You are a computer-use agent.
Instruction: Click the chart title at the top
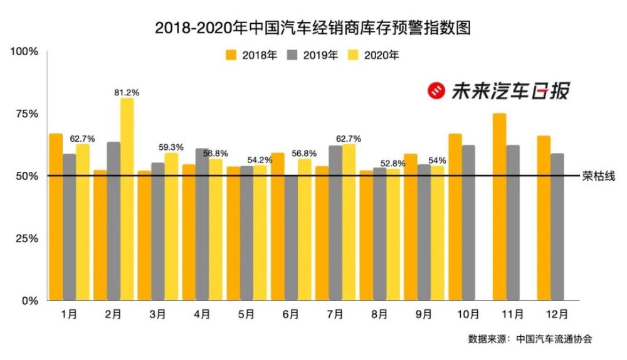point(313,28)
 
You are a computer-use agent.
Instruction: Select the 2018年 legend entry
point(251,55)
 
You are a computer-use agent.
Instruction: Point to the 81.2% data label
point(127,92)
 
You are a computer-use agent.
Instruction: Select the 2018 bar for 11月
point(499,206)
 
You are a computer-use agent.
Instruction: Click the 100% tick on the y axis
point(24,51)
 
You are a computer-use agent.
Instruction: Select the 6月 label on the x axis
point(291,314)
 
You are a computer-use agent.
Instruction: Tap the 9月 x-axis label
point(424,314)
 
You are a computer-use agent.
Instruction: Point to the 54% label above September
point(436,161)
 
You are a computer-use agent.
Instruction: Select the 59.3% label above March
point(171,147)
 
